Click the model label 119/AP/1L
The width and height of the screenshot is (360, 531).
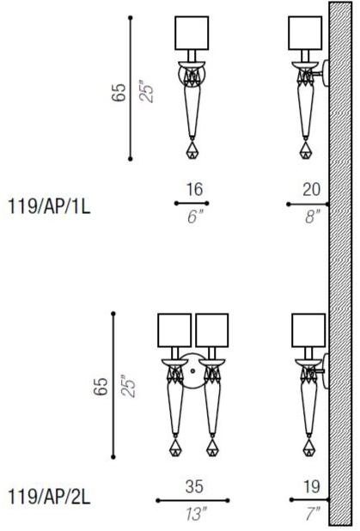coord(49,206)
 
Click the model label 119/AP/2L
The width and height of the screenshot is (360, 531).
coord(49,497)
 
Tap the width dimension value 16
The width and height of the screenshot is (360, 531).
coord(195,189)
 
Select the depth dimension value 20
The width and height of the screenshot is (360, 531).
coord(311,189)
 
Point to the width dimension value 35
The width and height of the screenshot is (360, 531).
coord(194,486)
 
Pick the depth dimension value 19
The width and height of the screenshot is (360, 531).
coord(312,486)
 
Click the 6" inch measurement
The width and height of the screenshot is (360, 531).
coord(195,217)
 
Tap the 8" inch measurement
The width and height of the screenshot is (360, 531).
coord(312,217)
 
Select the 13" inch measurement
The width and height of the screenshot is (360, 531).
coord(196,514)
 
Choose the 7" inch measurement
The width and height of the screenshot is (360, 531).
coord(312,514)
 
